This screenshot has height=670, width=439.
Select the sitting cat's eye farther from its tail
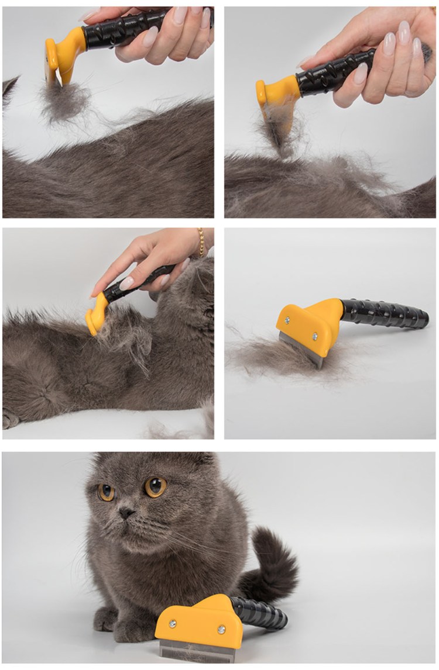point(107,492)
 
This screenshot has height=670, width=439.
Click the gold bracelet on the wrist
point(201,242)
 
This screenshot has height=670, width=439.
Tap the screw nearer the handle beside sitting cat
point(222,629)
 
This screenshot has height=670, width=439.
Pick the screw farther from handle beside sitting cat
point(173,624)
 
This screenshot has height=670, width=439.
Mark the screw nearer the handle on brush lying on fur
point(314,336)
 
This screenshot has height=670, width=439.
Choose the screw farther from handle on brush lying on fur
point(287,320)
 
